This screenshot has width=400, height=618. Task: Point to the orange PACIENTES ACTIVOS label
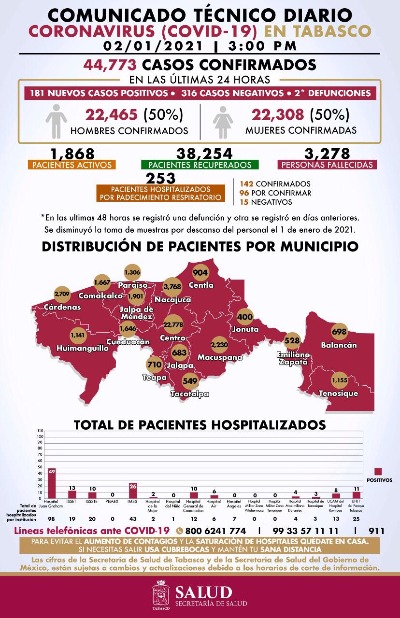(71, 165)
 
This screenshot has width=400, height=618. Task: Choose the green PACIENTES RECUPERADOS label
(200, 165)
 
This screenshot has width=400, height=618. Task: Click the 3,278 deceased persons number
(327, 154)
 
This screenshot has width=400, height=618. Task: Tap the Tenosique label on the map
(338, 393)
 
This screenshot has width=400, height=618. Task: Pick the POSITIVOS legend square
(379, 472)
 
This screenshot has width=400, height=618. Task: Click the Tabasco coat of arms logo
(161, 595)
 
